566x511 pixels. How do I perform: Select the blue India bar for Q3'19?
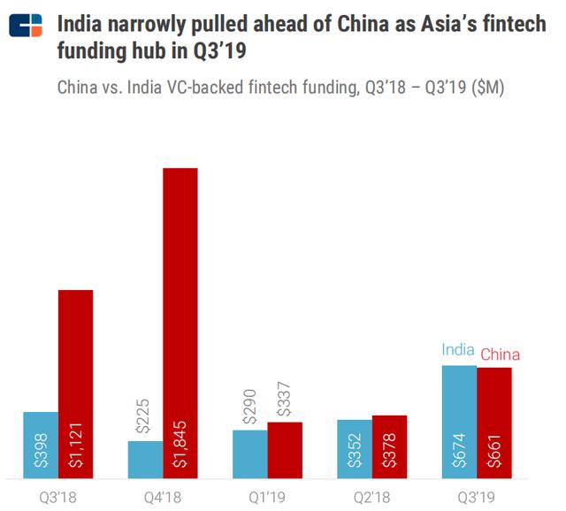click(x=459, y=416)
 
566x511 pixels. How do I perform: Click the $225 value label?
click(x=145, y=416)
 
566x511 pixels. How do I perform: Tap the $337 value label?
click(x=285, y=397)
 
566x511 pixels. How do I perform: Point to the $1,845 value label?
click(x=180, y=446)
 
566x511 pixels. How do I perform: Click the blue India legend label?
click(x=459, y=350)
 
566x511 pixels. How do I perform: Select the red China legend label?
click(x=500, y=355)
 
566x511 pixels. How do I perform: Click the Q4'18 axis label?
click(x=163, y=497)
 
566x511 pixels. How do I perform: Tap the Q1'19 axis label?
click(x=267, y=497)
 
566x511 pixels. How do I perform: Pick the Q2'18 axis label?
click(x=371, y=497)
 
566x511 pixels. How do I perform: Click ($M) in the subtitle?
click(x=484, y=89)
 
